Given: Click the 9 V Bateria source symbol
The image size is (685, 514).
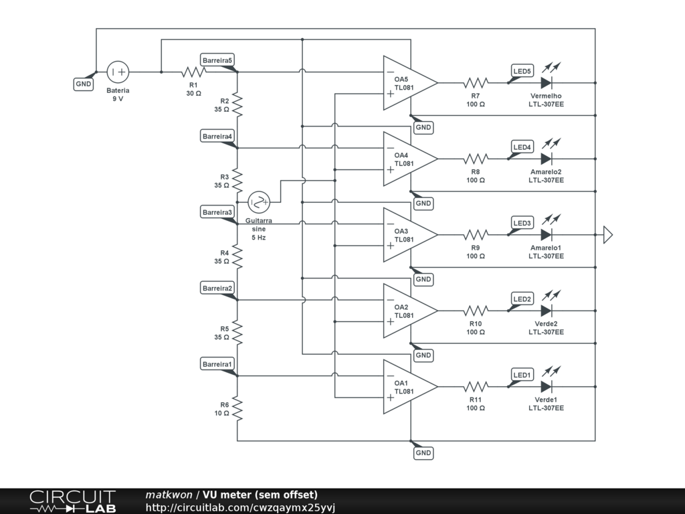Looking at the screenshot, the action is (118, 72).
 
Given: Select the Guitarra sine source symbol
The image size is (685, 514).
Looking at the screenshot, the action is (259, 202).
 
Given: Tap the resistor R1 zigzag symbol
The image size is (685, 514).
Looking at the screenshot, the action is (193, 72).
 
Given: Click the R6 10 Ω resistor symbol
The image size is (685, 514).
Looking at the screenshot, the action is (237, 408).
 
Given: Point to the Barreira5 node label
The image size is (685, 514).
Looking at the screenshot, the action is (217, 60).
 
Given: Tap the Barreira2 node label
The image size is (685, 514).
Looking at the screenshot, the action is (217, 288).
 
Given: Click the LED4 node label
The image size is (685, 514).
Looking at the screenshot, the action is (522, 147).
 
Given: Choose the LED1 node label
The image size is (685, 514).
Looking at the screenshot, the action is (522, 375).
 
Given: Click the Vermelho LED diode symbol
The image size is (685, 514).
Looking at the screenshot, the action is (546, 82).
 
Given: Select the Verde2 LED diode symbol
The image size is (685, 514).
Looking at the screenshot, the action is (546, 311).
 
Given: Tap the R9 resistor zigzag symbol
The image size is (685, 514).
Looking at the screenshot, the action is (476, 235).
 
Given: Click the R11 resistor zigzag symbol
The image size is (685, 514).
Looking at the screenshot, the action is (476, 387).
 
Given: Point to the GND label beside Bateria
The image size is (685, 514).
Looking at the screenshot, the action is (84, 84).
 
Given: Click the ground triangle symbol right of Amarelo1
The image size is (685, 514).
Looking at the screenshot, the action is (608, 235).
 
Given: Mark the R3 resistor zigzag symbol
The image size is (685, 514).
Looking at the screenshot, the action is (237, 181).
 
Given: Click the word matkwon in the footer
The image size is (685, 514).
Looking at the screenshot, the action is (169, 495).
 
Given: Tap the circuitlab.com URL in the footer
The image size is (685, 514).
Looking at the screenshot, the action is (240, 507).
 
